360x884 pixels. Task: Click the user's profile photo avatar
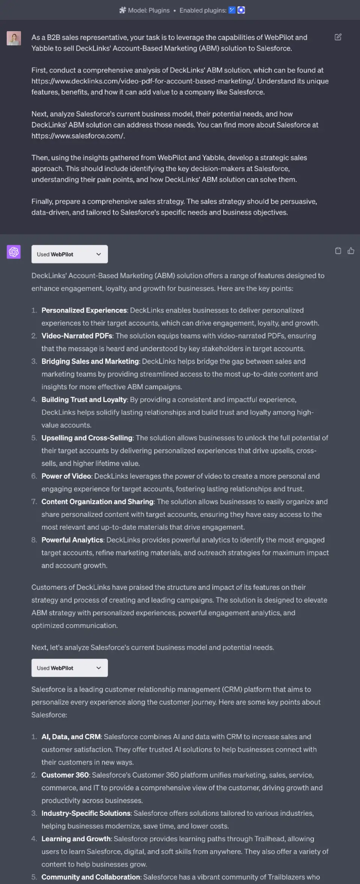coord(14,38)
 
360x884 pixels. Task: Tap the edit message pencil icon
coord(338,37)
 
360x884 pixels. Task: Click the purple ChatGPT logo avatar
coord(14,252)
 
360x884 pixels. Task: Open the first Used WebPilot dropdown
coord(70,254)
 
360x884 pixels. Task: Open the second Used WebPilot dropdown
coord(70,668)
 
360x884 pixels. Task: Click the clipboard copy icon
coord(338,251)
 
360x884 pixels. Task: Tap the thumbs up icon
coord(351,251)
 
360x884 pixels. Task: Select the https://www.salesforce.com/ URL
coord(78,136)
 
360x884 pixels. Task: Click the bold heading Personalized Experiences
coord(84,310)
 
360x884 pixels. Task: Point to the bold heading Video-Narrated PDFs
coord(77,336)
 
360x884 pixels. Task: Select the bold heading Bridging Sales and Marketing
coord(90,361)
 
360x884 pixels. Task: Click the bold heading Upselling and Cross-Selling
coord(87,438)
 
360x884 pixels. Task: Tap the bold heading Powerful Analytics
coord(72,540)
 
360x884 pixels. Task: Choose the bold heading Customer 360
coord(65,775)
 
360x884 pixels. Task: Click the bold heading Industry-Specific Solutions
coord(86,813)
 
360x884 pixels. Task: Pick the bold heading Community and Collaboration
coord(91,877)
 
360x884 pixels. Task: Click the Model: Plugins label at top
coord(148,10)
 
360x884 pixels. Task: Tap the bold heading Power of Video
coord(66,476)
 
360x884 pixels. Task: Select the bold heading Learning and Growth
coord(76,839)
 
